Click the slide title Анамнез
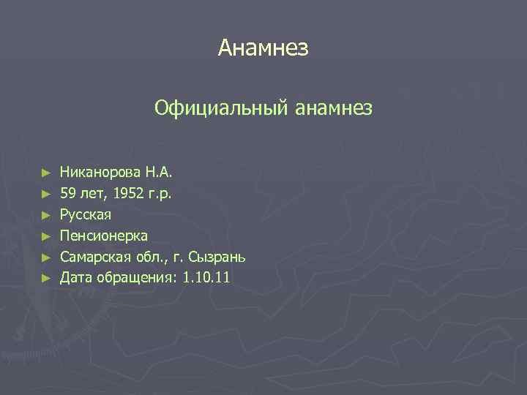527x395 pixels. point(263,49)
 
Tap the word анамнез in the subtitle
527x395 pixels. point(334,109)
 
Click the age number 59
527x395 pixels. point(68,194)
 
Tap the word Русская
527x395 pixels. point(86,215)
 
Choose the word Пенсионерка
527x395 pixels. point(103,236)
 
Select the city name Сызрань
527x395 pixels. point(217,257)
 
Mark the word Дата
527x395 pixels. point(75,277)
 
